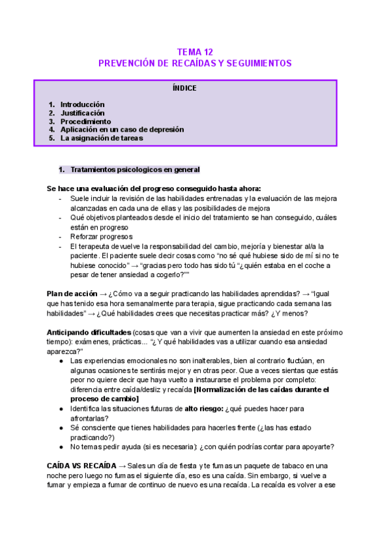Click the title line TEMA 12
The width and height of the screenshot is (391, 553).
tap(195, 52)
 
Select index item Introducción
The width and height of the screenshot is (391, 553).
tap(82, 104)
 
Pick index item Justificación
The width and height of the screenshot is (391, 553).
tap(82, 113)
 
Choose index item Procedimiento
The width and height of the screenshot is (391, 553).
tap(85, 121)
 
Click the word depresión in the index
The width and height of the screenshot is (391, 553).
tap(164, 130)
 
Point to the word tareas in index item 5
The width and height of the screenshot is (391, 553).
tap(130, 138)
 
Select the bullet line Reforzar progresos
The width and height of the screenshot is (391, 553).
tap(101, 237)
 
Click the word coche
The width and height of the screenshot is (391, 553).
tap(290, 265)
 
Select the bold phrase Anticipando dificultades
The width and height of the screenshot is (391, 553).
tap(89, 332)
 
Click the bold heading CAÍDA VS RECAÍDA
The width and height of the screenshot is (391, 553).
tap(82, 466)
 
